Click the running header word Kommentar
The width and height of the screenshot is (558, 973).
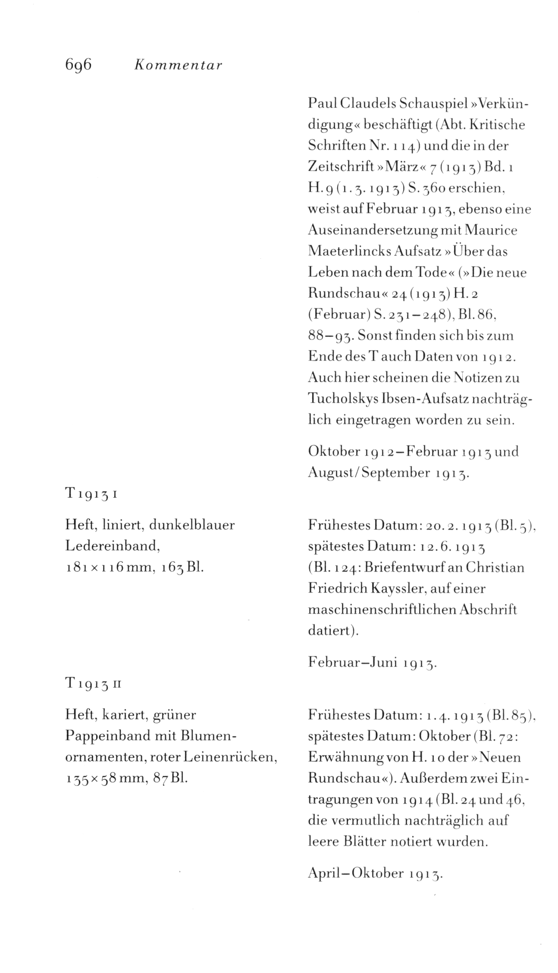pyautogui.click(x=178, y=66)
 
